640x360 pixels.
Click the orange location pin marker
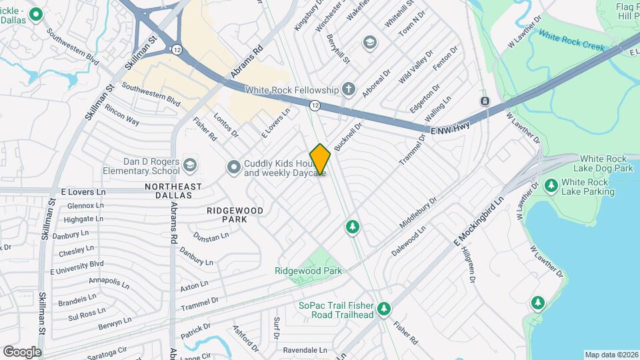tap(320, 159)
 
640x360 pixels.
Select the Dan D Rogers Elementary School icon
tap(190, 165)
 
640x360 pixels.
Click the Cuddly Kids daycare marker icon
tap(233, 167)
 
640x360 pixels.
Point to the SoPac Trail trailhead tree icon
tap(383, 309)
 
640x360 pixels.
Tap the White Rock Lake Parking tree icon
tap(551, 185)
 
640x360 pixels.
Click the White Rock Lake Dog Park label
tap(605, 163)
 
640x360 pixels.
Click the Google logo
tap(22, 351)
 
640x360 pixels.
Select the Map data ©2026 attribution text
tap(611, 355)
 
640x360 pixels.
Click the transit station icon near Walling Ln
tap(485, 101)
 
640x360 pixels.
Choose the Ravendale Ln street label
tap(305, 349)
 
